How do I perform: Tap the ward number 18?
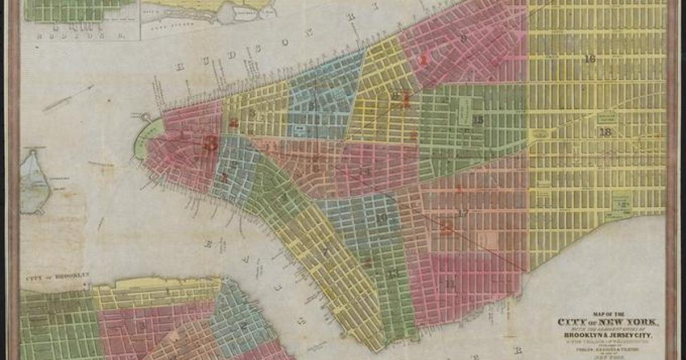pyautogui.click(x=605, y=132)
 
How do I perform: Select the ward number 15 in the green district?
pyautogui.click(x=478, y=120)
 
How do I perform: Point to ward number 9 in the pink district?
pyautogui.click(x=464, y=39)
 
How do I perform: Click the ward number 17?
pyautogui.click(x=464, y=213)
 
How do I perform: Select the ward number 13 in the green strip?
pyautogui.click(x=393, y=274)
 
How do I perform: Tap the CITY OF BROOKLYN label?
pyautogui.click(x=58, y=275)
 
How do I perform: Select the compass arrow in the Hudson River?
pyautogui.click(x=69, y=98)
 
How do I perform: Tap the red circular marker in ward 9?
pyautogui.click(x=424, y=58)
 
